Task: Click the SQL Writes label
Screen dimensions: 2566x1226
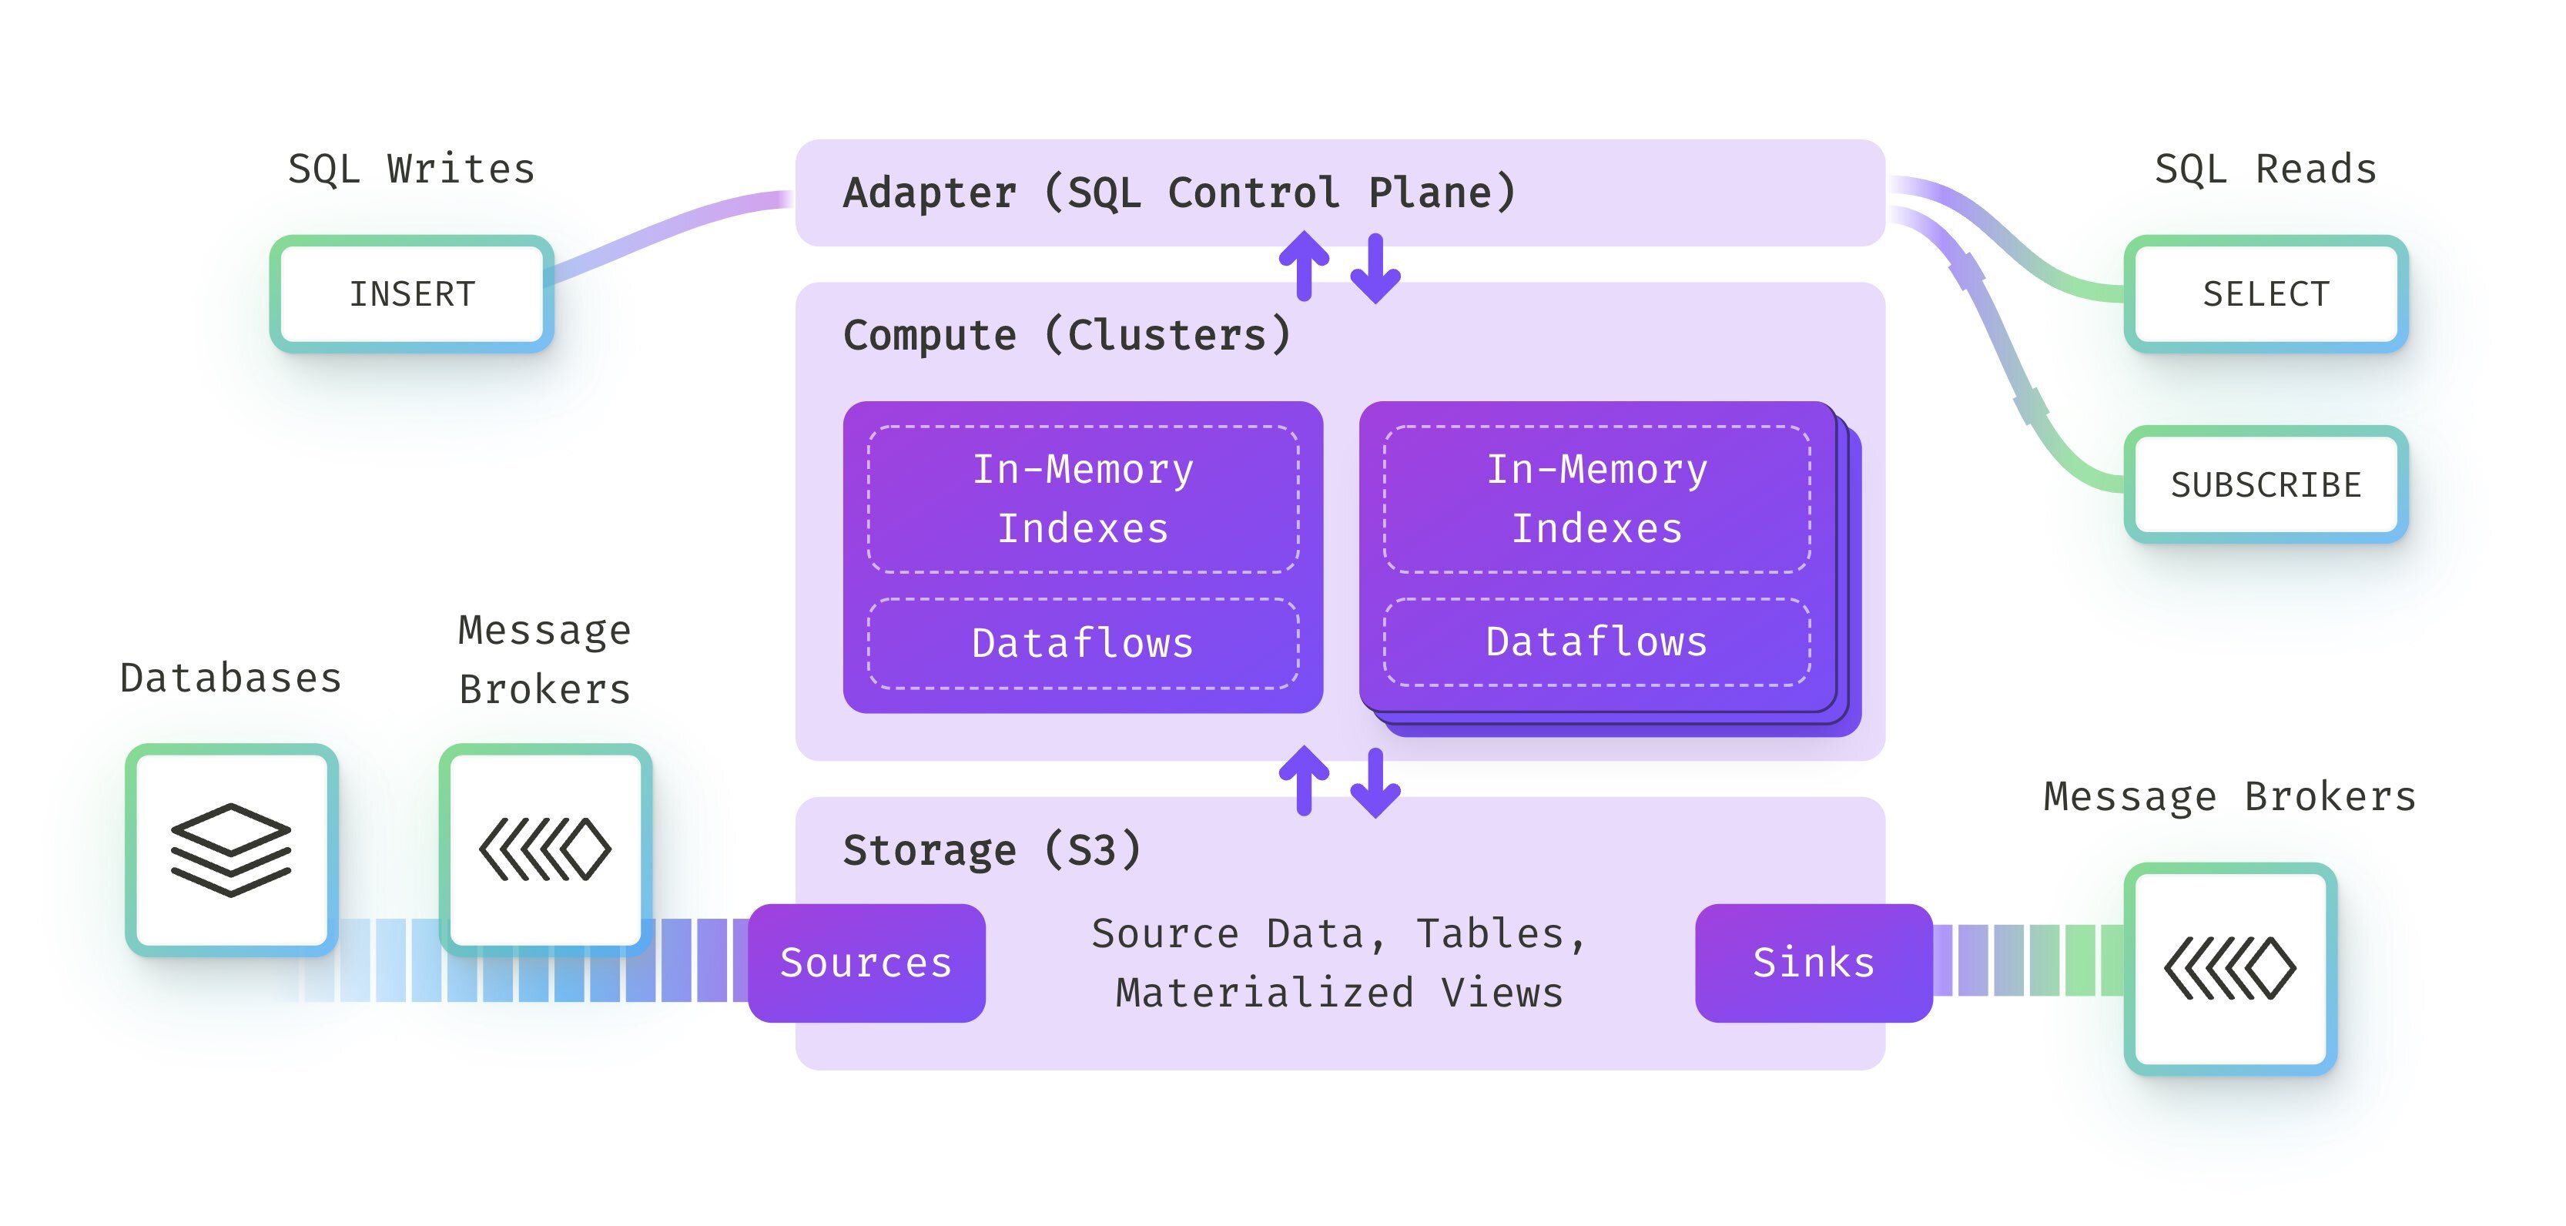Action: (x=411, y=169)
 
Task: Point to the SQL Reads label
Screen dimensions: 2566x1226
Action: (x=2265, y=169)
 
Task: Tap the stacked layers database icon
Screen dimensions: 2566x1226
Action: (x=231, y=849)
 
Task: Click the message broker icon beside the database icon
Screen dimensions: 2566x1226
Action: (x=545, y=849)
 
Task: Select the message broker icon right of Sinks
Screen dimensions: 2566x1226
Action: (x=2230, y=968)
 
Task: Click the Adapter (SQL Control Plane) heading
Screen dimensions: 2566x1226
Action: (x=1179, y=193)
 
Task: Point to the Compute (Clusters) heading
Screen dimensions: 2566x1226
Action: (x=1067, y=335)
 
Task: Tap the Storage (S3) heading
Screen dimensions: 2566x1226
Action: (x=992, y=849)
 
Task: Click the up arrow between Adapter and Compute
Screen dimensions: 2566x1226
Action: (x=1304, y=266)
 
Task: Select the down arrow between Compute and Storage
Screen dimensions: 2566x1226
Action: (x=1375, y=783)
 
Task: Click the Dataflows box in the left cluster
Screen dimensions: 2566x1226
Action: (x=1083, y=643)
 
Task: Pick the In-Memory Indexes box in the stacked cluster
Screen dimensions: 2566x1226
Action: (x=1596, y=499)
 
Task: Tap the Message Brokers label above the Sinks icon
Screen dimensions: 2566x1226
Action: (x=2230, y=797)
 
